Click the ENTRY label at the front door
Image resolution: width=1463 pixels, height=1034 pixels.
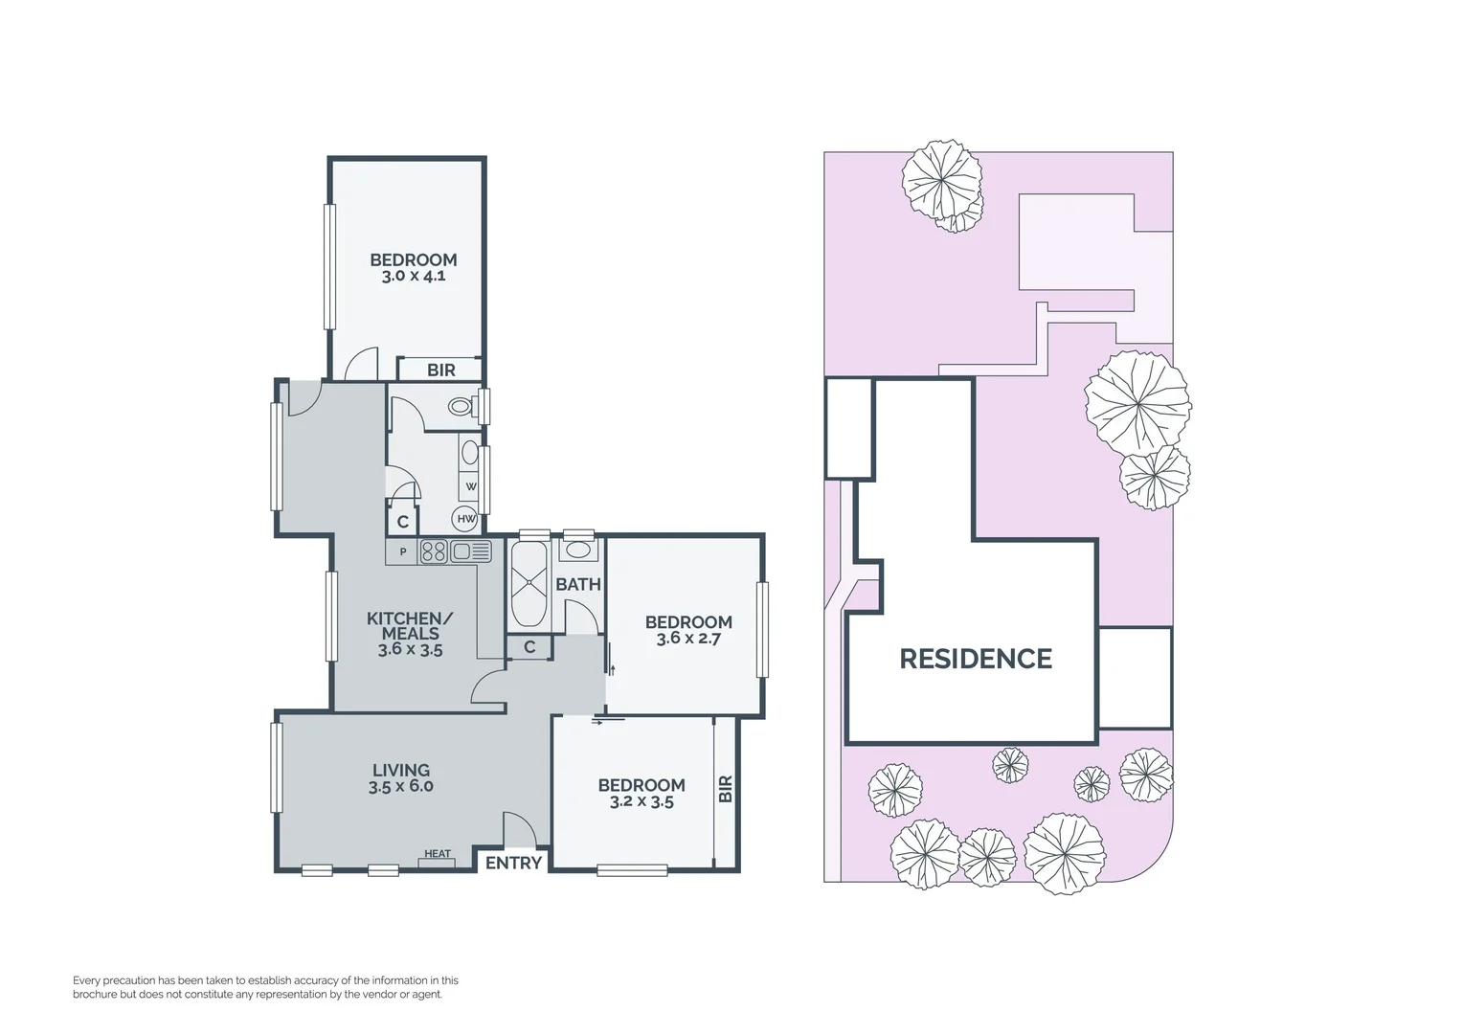click(513, 863)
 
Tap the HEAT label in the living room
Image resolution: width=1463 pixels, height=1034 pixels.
click(438, 854)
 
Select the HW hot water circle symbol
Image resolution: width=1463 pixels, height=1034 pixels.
click(466, 519)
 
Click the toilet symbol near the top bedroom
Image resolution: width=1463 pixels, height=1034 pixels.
click(461, 407)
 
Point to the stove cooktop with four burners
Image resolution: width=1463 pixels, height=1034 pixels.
click(434, 551)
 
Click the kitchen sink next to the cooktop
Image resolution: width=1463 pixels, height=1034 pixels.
click(471, 551)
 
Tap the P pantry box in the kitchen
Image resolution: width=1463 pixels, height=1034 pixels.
click(403, 552)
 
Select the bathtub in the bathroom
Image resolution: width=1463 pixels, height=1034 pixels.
click(529, 584)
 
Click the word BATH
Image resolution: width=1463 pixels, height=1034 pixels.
click(578, 584)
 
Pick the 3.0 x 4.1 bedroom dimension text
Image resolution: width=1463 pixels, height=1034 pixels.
click(414, 277)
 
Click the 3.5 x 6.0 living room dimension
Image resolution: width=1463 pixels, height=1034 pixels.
click(401, 787)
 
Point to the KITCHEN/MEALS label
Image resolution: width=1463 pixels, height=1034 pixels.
click(410, 626)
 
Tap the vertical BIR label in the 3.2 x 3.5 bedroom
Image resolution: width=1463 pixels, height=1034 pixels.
click(725, 789)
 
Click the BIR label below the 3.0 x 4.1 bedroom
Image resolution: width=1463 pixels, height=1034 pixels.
click(441, 370)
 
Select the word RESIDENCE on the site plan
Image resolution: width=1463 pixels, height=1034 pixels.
click(976, 659)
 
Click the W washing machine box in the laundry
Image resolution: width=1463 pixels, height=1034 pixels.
click(470, 486)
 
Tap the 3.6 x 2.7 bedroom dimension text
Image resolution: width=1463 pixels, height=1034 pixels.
click(688, 639)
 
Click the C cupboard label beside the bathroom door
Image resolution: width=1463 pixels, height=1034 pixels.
click(529, 647)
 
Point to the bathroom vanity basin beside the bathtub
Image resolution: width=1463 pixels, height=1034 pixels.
click(578, 551)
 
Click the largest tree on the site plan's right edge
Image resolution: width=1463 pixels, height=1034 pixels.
click(1137, 401)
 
